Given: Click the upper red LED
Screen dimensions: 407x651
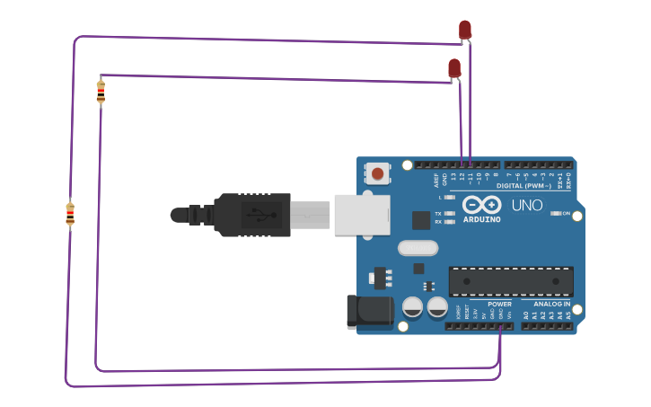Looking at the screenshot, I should click(x=464, y=30).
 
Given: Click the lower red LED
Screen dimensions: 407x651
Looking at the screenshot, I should click(x=454, y=68).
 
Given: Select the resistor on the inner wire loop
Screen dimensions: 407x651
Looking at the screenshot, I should click(x=101, y=91).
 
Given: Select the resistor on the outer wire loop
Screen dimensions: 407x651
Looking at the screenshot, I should click(x=70, y=214).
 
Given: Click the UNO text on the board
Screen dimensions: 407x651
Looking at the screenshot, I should click(x=527, y=205).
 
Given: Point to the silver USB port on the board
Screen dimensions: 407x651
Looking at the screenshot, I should click(x=362, y=215).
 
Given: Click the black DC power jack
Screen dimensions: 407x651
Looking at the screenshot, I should click(x=371, y=311).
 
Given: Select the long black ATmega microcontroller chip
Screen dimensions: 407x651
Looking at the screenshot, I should click(x=511, y=281).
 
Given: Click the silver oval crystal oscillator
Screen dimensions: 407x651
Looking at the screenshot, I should click(x=418, y=248).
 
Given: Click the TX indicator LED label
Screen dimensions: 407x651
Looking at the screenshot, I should click(x=438, y=213).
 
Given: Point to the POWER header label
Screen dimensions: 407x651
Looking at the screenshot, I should click(x=499, y=304).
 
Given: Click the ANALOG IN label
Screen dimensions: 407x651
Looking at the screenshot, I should click(x=551, y=304).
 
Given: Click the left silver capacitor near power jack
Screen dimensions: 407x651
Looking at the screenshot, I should click(x=412, y=307).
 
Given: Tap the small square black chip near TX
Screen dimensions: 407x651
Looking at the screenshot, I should click(x=421, y=220).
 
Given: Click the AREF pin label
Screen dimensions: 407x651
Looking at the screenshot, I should click(x=437, y=178).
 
